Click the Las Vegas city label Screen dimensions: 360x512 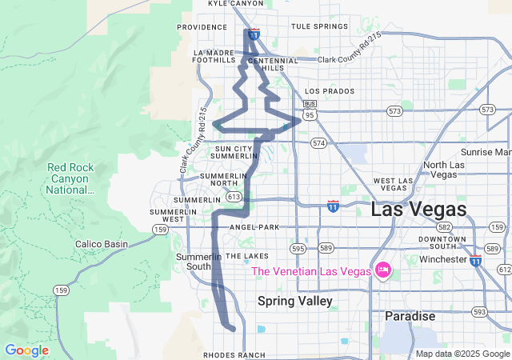[x=418, y=210]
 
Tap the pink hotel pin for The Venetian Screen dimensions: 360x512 [x=382, y=271]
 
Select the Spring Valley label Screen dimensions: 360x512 [x=294, y=301]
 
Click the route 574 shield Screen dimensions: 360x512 [x=319, y=143]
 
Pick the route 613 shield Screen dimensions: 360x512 [x=234, y=196]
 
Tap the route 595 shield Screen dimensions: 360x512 [x=298, y=248]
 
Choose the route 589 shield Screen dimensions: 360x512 [x=326, y=248]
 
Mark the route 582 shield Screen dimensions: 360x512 [x=445, y=227]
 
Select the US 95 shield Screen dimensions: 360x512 [x=310, y=114]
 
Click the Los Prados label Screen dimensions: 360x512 [x=330, y=91]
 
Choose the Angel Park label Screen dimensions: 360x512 [x=254, y=227]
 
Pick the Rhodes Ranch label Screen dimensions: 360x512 [x=234, y=354]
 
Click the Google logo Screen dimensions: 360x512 [x=26, y=350]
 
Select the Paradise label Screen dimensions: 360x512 [x=410, y=317]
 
